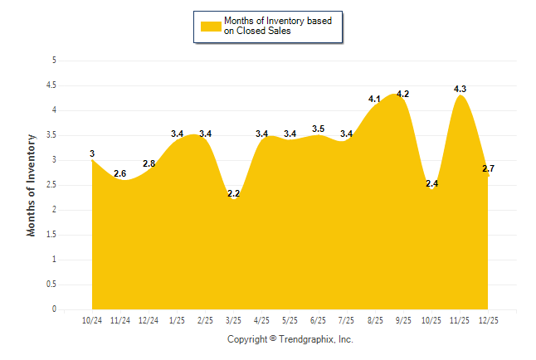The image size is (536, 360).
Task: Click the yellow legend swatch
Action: [210, 26]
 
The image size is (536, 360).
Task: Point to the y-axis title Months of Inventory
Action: [32, 185]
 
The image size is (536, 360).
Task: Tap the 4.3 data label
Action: [460, 89]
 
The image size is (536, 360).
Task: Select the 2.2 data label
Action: [234, 194]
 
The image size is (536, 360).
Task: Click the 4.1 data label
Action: [374, 100]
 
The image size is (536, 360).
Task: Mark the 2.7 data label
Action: [488, 168]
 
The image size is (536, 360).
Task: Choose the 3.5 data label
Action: [318, 129]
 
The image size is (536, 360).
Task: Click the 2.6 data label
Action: [120, 173]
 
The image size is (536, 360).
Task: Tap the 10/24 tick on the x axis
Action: [92, 319]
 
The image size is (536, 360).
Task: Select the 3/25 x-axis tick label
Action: [233, 319]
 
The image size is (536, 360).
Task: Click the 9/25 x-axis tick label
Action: [402, 319]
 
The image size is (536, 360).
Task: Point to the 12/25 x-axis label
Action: [488, 319]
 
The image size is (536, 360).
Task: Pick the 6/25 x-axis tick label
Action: [318, 319]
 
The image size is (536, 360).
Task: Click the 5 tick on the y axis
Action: [54, 61]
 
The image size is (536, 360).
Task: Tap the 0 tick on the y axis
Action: [54, 309]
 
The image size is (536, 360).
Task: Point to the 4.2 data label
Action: [403, 95]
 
